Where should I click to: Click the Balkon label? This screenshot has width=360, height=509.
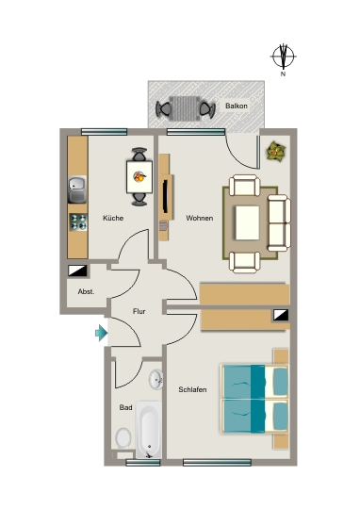237,106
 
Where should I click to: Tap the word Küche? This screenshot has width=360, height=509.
113,218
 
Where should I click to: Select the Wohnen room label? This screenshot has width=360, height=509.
199,218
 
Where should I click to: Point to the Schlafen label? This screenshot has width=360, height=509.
192,389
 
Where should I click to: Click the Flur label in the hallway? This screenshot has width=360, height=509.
139,311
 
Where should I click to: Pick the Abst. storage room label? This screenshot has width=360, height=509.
86,292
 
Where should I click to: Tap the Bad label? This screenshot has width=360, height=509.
125,407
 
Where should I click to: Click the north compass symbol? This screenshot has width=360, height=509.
284,57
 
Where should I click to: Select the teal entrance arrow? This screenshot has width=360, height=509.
101,333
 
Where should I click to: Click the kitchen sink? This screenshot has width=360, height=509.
77,189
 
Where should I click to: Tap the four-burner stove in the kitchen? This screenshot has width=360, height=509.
78,222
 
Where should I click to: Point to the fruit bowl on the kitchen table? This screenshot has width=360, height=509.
139,176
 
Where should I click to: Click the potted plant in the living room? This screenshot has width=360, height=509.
276,151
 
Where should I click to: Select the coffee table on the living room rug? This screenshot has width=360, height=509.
247,222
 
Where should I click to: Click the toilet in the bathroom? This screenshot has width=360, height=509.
123,437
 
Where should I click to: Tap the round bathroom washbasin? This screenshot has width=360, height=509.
156,379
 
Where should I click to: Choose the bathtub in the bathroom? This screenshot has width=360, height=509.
148,430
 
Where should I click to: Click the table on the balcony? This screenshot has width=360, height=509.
185,108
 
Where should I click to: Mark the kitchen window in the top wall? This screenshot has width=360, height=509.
104,132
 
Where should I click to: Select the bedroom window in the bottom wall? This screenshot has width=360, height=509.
217,463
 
